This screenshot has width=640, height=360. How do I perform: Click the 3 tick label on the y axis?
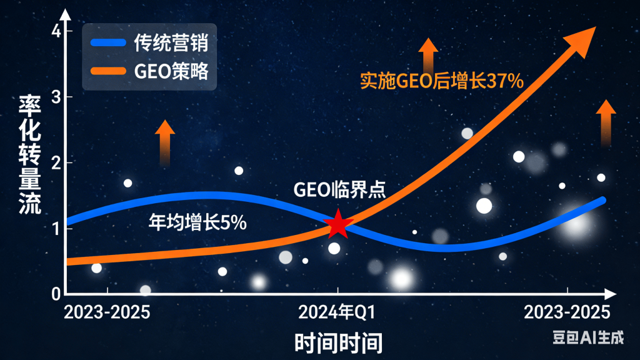(x=56, y=97)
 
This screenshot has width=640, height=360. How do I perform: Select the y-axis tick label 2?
(x=56, y=163)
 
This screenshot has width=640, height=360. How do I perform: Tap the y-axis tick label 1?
(x=56, y=229)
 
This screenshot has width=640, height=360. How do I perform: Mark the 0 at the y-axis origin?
(x=56, y=292)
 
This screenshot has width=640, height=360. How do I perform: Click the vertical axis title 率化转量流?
(x=29, y=154)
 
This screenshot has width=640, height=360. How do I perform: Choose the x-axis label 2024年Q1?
(x=337, y=312)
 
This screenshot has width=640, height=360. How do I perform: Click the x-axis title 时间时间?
(x=337, y=342)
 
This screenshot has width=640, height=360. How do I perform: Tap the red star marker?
(x=338, y=224)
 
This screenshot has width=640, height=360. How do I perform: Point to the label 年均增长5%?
(x=197, y=221)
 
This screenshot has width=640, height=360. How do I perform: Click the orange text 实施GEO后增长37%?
(x=441, y=81)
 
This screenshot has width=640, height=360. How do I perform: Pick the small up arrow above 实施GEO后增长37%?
(x=428, y=55)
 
